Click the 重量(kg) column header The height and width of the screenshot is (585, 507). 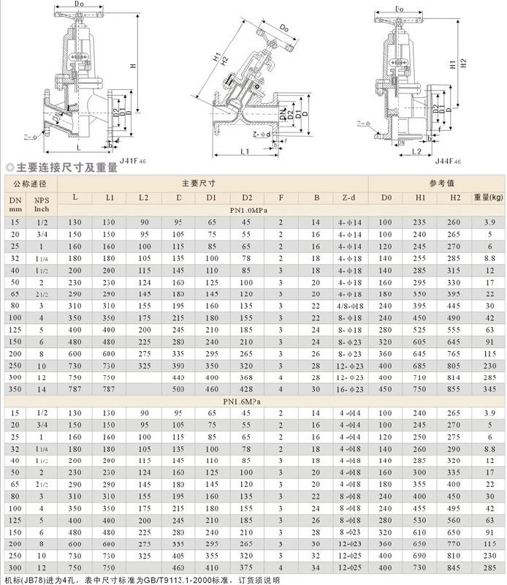pyautogui.click(x=487, y=197)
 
